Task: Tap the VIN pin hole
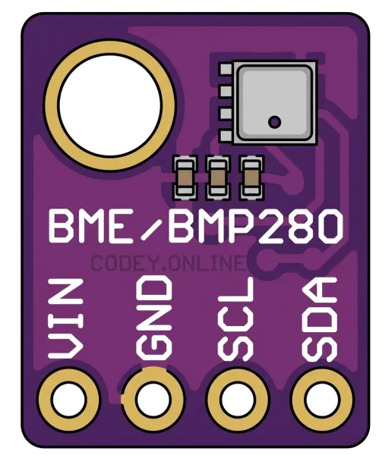tap(69, 400)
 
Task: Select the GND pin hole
tap(153, 400)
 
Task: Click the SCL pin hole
tap(238, 400)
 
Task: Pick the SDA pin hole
tap(322, 400)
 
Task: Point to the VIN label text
tap(66, 318)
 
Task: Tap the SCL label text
tap(235, 318)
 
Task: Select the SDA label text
tap(320, 319)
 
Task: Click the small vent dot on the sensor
tap(274, 121)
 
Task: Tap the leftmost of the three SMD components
tap(185, 177)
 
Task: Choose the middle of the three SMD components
tap(218, 177)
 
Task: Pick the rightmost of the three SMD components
tap(251, 177)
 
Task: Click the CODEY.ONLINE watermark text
tap(168, 263)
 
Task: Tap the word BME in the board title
tap(91, 226)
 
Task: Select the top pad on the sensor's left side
tap(226, 68)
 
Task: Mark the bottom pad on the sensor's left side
tap(226, 136)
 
